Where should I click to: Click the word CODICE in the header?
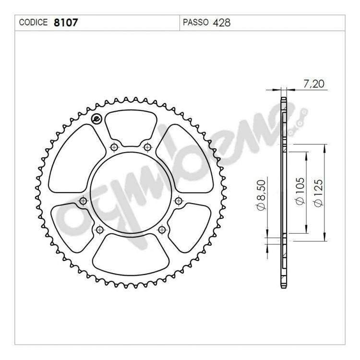pyautogui.click(x=33, y=23)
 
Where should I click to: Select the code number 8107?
pyautogui.click(x=66, y=23)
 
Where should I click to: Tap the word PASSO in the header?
pyautogui.click(x=196, y=23)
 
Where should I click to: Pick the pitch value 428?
pyautogui.click(x=222, y=23)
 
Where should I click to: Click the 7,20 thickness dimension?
pyautogui.click(x=314, y=84)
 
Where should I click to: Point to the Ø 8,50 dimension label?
pyautogui.click(x=262, y=195)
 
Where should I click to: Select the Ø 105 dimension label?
pyautogui.click(x=300, y=191)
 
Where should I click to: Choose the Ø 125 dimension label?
pyautogui.click(x=319, y=193)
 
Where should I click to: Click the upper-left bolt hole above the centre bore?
pyautogui.click(x=114, y=147)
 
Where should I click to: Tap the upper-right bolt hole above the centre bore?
pyautogui.click(x=147, y=147)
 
